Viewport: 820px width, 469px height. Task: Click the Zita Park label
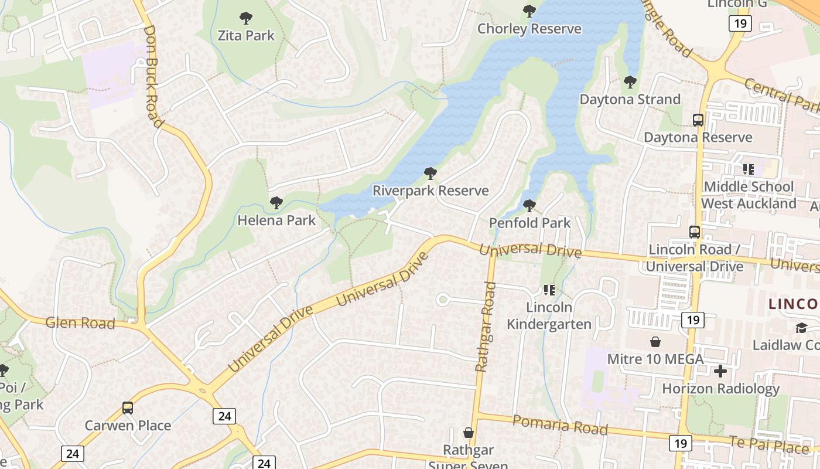(246, 35)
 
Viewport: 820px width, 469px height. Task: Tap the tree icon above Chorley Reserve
(529, 11)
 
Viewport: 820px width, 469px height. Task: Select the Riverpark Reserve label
(430, 191)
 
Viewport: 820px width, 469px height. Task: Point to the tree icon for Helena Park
(276, 203)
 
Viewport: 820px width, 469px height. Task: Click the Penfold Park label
(529, 223)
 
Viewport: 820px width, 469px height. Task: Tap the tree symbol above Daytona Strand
(630, 81)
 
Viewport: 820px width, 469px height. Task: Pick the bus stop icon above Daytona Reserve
(698, 120)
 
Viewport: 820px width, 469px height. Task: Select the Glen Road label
(80, 322)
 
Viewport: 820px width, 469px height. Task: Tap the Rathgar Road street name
(486, 327)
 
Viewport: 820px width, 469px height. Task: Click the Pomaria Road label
(560, 424)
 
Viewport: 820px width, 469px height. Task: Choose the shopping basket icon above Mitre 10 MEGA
(655, 341)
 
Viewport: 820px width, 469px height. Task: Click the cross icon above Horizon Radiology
(720, 371)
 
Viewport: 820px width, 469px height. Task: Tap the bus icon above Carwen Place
(128, 407)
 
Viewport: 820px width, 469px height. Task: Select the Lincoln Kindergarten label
(549, 315)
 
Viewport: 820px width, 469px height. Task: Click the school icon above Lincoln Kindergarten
(549, 290)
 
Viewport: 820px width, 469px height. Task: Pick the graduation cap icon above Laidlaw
(801, 327)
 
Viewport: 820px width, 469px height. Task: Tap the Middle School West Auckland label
(749, 195)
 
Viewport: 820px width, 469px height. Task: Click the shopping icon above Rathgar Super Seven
(469, 433)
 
